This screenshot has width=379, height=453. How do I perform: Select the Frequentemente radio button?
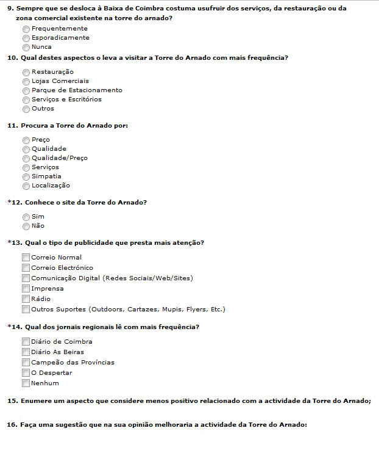[26, 29]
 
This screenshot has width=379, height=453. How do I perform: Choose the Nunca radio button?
[26, 47]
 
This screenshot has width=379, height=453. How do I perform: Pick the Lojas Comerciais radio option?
[26, 81]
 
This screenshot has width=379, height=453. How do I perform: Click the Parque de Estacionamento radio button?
[26, 90]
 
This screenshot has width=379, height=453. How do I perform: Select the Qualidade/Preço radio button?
[26, 158]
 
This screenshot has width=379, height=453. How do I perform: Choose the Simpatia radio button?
[26, 176]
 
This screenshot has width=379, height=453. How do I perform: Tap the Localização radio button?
[26, 186]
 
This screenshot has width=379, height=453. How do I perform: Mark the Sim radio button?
[26, 217]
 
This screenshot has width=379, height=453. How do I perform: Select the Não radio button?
[26, 226]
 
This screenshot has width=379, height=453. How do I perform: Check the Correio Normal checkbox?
[26, 258]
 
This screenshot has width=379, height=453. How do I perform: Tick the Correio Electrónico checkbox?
[26, 268]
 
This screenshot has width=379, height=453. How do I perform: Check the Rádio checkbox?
[26, 299]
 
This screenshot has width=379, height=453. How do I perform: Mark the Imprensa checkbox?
[26, 289]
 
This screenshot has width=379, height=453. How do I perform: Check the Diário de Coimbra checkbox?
[26, 342]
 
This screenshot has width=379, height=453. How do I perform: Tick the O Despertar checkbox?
[26, 373]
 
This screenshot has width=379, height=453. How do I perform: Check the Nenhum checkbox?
[26, 383]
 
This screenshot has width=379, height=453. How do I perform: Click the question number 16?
[12, 424]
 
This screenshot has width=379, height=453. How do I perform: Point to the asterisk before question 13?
[9, 242]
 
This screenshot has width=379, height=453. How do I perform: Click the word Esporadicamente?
[60, 38]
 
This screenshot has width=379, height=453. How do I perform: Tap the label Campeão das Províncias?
[73, 363]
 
